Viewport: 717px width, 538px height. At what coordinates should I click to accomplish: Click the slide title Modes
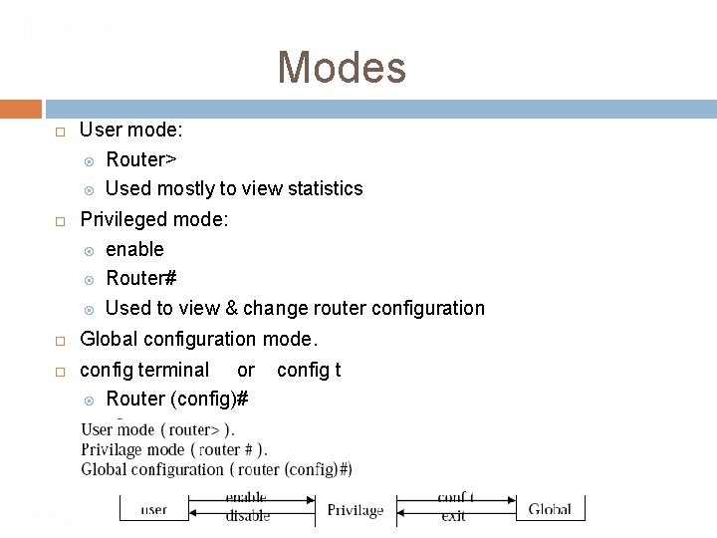(x=342, y=68)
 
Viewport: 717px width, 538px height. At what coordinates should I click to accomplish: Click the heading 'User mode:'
(x=130, y=130)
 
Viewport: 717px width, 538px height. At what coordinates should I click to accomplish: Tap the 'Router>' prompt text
(x=140, y=159)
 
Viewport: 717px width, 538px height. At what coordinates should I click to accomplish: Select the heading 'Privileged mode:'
(x=154, y=218)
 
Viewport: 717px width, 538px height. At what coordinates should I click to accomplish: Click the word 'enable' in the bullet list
(x=134, y=249)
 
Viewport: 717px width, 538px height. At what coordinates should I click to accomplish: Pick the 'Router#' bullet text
(x=141, y=278)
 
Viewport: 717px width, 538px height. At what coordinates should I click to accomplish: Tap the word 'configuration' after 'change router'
(x=430, y=308)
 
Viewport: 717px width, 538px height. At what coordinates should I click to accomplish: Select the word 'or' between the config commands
(x=246, y=370)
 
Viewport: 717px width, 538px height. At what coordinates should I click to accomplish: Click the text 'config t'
(x=309, y=370)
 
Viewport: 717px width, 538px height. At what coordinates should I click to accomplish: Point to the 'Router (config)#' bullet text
(x=177, y=399)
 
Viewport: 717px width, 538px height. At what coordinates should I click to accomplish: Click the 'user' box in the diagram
(x=153, y=509)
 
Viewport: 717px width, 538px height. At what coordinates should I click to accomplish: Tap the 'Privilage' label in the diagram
(x=356, y=510)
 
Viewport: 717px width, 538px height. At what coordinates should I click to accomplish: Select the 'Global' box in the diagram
(x=550, y=509)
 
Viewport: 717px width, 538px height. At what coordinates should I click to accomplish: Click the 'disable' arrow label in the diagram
(x=247, y=516)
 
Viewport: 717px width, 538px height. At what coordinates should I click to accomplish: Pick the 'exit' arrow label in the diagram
(x=454, y=517)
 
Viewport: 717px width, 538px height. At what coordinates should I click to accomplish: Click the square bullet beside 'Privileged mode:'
(x=60, y=219)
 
